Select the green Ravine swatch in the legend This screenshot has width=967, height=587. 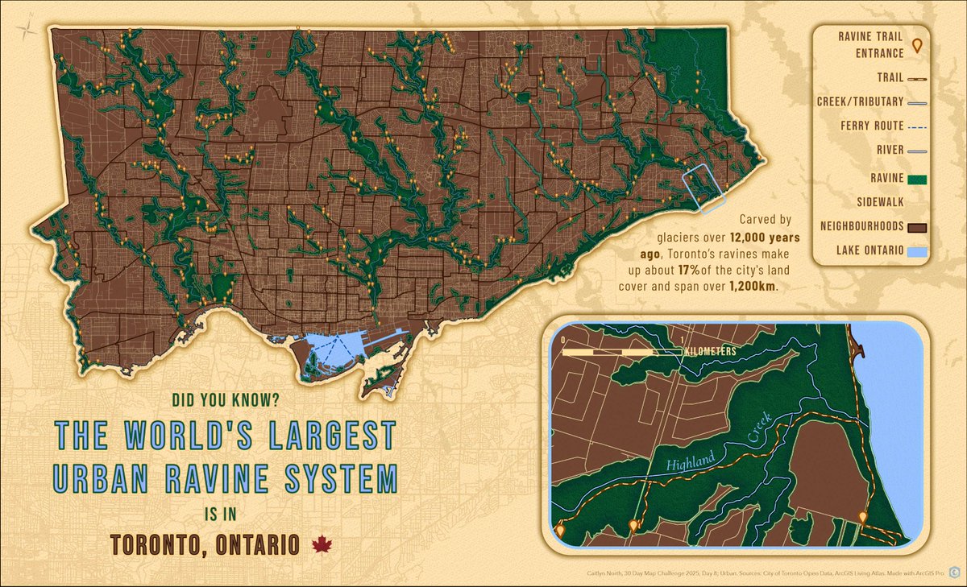click(x=916, y=179)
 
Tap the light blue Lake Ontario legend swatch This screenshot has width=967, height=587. click(x=916, y=253)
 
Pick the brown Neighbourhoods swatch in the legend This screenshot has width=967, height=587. click(x=916, y=227)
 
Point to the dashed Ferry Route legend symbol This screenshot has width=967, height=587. click(x=915, y=127)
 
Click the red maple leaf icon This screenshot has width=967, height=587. click(x=321, y=545)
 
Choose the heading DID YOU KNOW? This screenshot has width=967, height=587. click(x=225, y=399)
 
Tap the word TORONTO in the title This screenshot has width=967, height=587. click(x=155, y=545)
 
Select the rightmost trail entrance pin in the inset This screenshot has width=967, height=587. click(x=863, y=517)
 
